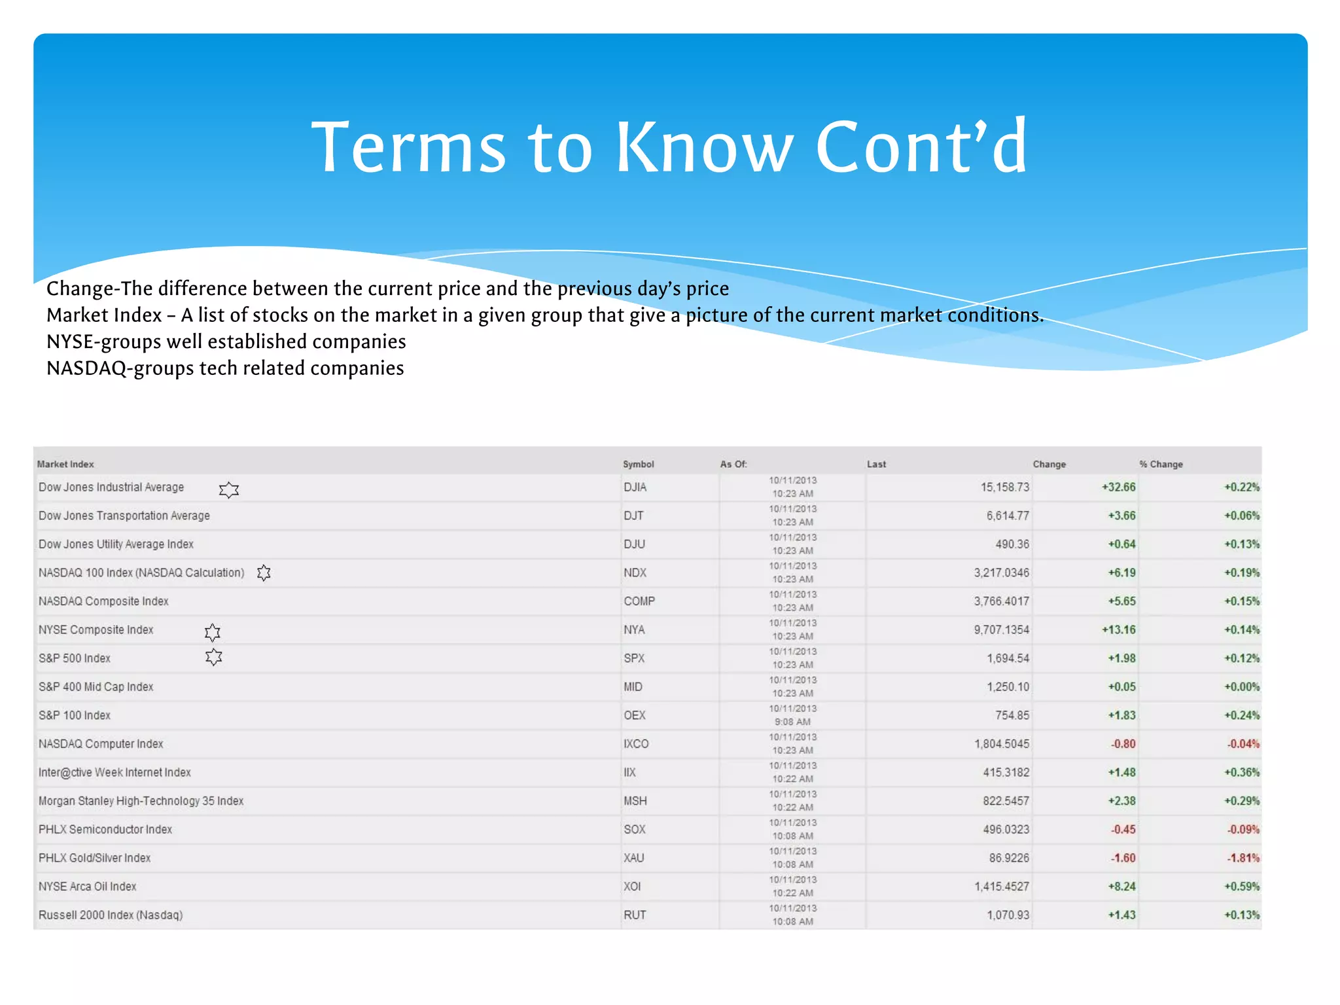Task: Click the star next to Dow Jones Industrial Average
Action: [x=229, y=489]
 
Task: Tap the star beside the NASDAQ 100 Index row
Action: [x=264, y=573]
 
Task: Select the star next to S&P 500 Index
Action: [x=213, y=657]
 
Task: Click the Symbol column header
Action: [x=638, y=464]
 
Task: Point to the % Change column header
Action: [x=1161, y=464]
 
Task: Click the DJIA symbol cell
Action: [x=635, y=487]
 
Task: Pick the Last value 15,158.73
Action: [x=1004, y=487]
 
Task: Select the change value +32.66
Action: [x=1118, y=487]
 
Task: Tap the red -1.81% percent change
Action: [x=1243, y=858]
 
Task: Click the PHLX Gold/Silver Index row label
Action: [x=94, y=858]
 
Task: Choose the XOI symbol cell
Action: [x=632, y=887]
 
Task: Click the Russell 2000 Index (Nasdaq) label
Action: [x=111, y=915]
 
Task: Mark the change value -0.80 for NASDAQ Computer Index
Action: [x=1123, y=744]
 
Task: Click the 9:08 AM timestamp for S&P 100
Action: [x=792, y=722]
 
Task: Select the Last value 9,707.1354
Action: [x=1001, y=630]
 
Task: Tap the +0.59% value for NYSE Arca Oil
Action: [x=1241, y=887]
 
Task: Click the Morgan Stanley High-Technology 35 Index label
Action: [x=141, y=801]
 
